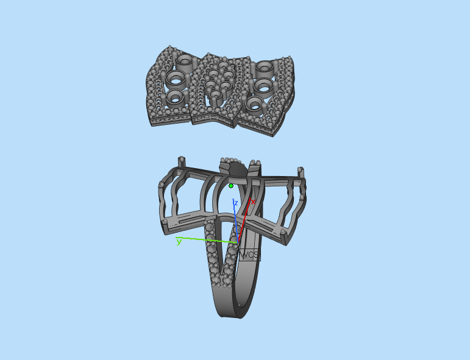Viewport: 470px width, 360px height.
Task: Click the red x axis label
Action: pyautogui.click(x=253, y=202)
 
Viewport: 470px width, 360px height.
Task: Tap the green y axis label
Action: pyautogui.click(x=179, y=242)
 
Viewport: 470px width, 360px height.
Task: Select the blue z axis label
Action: pyautogui.click(x=235, y=203)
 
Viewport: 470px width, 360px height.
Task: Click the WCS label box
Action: pyautogui.click(x=250, y=255)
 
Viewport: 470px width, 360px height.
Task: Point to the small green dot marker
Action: pyautogui.click(x=231, y=185)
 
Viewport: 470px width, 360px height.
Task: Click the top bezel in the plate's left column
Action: pyautogui.click(x=184, y=61)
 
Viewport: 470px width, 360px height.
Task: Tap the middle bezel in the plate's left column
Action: pyautogui.click(x=176, y=78)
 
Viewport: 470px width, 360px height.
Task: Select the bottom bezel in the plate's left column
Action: pyautogui.click(x=174, y=96)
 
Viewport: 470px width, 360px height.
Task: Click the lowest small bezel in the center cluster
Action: pyautogui.click(x=216, y=94)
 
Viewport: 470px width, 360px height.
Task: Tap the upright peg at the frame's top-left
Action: pyautogui.click(x=181, y=163)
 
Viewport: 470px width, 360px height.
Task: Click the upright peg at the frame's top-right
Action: pyautogui.click(x=300, y=173)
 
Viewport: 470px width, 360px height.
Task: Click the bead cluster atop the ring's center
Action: pyautogui.click(x=232, y=162)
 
